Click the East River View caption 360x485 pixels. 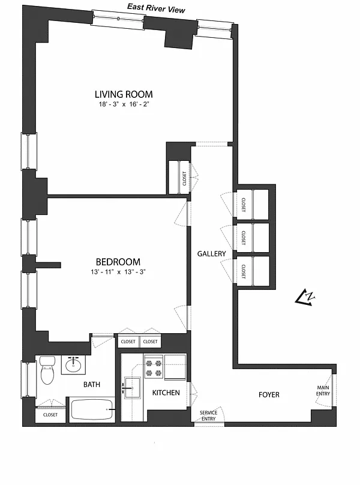pos(156,8)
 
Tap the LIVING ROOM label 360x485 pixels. pos(124,94)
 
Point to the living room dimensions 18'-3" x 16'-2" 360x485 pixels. pos(124,104)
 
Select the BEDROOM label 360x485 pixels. pos(118,262)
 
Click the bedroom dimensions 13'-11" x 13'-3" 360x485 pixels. pos(118,272)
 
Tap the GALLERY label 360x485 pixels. pos(212,254)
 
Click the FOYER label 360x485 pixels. pos(269,395)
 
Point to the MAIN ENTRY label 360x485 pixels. pos(323,391)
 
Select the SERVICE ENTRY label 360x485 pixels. pos(208,416)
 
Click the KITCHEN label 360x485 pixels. pos(166,393)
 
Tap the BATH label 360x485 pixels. pos(92,385)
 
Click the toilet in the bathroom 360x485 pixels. pos(47,370)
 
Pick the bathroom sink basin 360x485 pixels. pos(73,366)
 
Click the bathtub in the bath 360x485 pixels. pos(92,409)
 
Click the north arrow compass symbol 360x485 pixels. pos(305,298)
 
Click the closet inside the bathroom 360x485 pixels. pos(50,415)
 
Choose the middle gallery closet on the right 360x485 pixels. pos(251,238)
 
